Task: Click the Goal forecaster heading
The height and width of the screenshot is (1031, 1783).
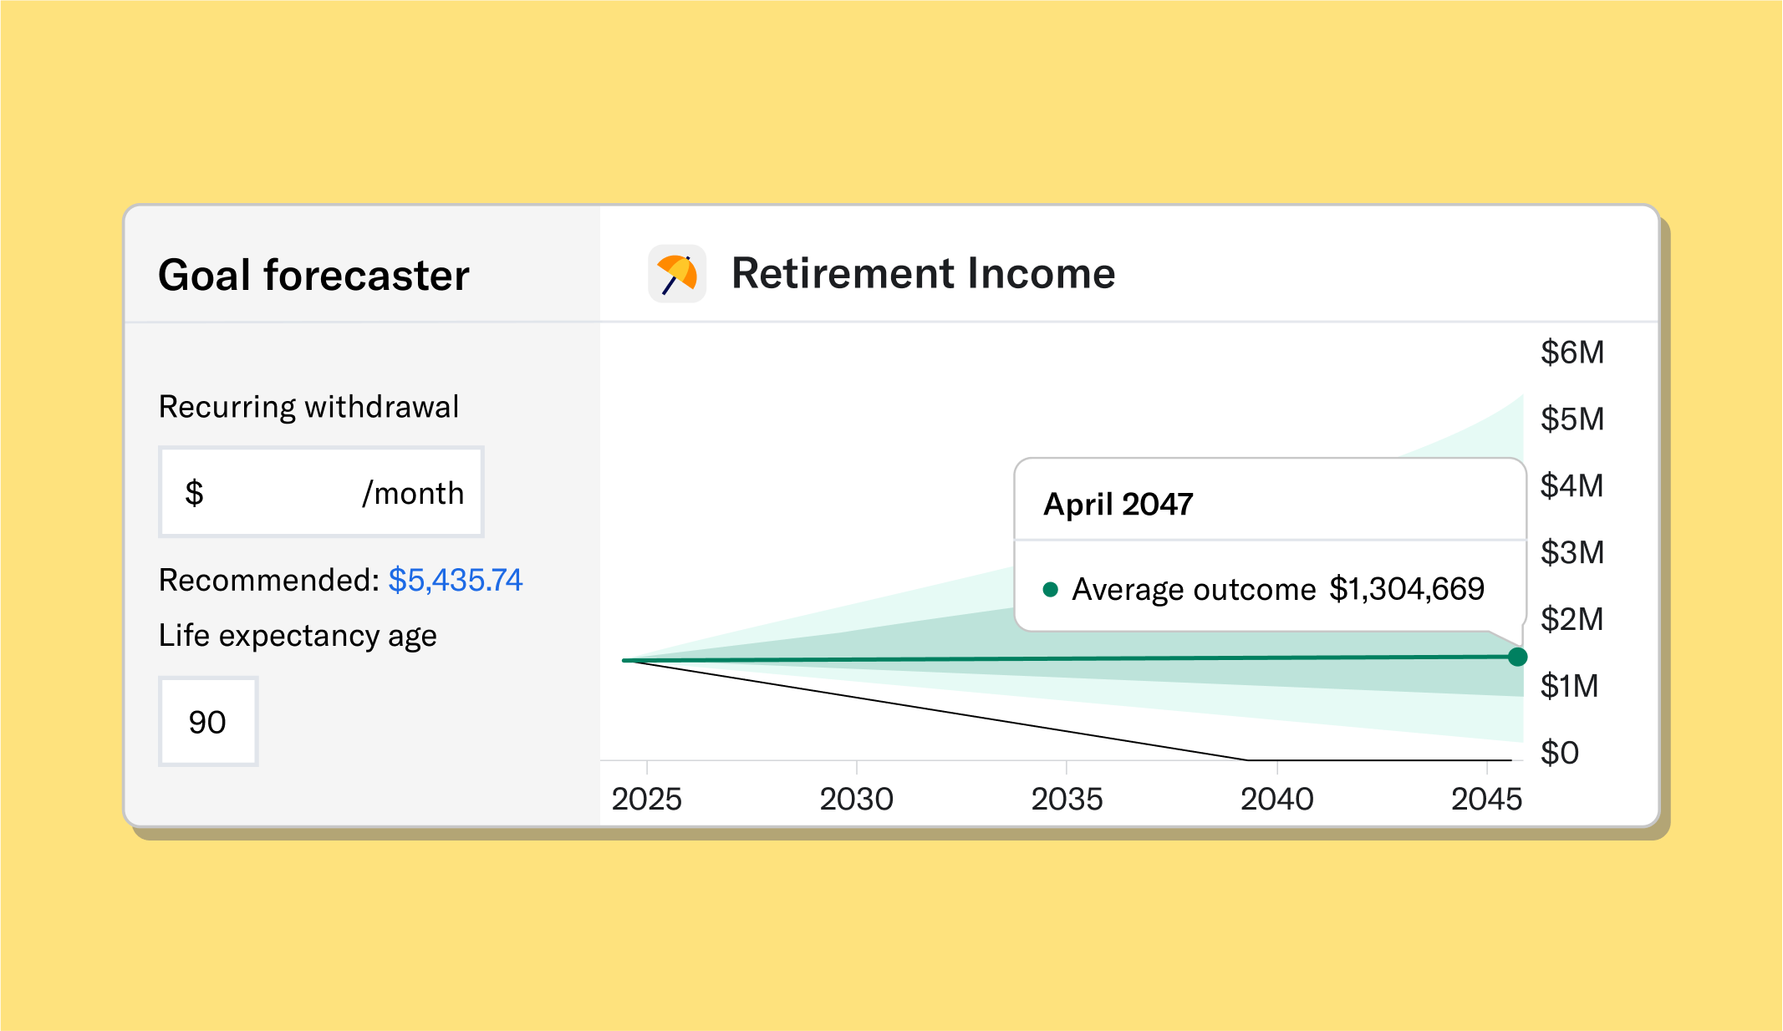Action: (x=313, y=276)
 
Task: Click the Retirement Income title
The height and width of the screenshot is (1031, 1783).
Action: (x=923, y=273)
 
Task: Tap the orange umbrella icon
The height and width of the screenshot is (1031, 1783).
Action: (x=677, y=274)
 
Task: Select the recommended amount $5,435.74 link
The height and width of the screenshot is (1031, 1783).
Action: (x=455, y=580)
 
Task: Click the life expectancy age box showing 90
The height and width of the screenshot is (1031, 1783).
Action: (x=208, y=722)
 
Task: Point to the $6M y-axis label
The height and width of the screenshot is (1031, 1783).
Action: (x=1572, y=353)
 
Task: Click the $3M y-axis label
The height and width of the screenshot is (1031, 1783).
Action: (x=1572, y=552)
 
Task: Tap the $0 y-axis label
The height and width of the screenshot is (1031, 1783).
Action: (x=1559, y=753)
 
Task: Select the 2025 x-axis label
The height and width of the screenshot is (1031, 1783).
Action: (x=646, y=800)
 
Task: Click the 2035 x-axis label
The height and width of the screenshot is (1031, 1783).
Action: (x=1067, y=800)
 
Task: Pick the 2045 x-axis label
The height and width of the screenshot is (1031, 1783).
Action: (x=1486, y=800)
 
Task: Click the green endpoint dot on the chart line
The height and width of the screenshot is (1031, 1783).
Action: (x=1517, y=657)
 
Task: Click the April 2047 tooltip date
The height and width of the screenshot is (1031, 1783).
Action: (x=1118, y=505)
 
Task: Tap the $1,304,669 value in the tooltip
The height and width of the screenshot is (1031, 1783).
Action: (x=1407, y=589)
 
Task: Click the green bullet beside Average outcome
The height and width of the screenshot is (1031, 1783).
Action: (x=1051, y=589)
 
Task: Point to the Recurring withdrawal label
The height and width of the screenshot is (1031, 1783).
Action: (x=308, y=407)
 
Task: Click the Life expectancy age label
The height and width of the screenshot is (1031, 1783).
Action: (x=298, y=636)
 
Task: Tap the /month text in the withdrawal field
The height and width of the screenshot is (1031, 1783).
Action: (x=413, y=493)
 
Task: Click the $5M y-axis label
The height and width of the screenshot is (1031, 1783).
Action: (x=1572, y=419)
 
